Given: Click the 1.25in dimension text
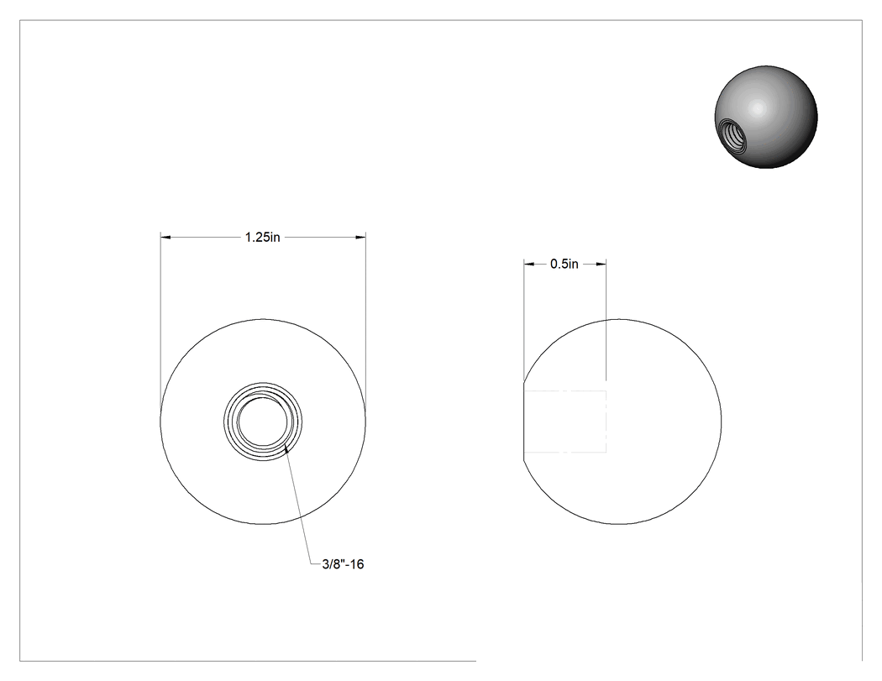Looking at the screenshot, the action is [263, 238].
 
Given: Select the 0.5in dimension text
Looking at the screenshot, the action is [564, 264].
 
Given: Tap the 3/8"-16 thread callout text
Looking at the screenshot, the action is [343, 564].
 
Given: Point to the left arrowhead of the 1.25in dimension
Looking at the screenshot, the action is [165, 238].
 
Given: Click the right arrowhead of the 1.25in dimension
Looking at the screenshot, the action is [360, 238].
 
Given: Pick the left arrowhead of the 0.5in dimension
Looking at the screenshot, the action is [528, 264].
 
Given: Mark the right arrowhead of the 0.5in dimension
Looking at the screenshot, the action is [601, 264].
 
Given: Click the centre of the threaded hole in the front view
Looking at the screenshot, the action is [263, 422].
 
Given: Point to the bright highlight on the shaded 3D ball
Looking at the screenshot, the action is [758, 107].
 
